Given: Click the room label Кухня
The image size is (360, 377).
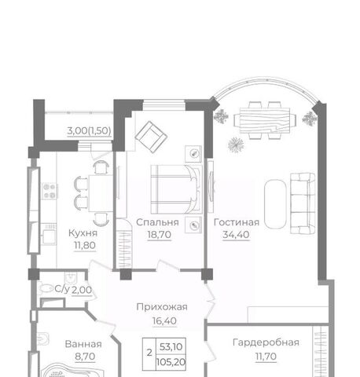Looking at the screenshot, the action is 83,233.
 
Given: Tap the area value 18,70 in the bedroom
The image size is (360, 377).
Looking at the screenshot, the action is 160,235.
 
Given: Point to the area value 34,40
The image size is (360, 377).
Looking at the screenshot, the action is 236,235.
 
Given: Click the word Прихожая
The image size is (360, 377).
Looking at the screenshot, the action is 162,307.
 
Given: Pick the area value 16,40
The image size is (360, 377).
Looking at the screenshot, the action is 164,320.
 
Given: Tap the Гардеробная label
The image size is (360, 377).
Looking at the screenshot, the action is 266,342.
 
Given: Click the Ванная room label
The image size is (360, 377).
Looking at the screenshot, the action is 83,344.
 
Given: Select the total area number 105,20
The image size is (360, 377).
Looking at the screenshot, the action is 171,362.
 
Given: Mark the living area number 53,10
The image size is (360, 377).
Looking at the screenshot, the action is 171,347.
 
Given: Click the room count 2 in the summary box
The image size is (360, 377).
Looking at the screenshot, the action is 149,353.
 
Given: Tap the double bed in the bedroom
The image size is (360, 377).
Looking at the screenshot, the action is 176,189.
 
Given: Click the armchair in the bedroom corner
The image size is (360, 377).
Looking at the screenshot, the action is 151,137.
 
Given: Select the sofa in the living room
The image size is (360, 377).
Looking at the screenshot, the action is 303,203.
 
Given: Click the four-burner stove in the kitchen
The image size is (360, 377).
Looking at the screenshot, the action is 50,191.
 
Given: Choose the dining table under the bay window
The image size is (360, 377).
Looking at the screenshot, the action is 265,121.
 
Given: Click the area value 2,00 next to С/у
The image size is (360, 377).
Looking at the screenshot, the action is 82,290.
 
